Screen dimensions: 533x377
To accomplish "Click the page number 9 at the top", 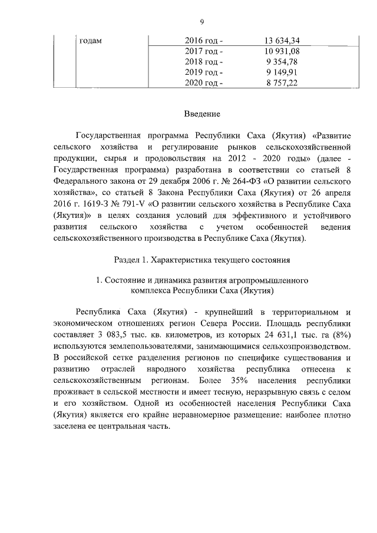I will pos(201,22).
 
